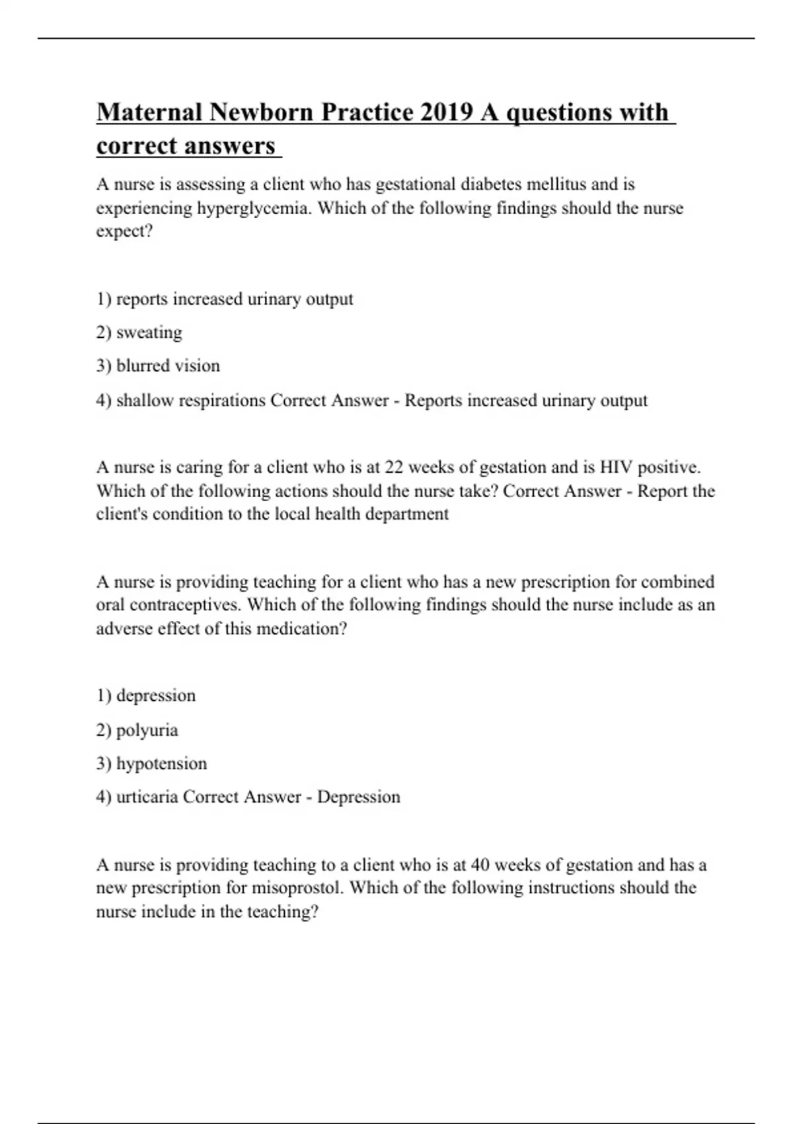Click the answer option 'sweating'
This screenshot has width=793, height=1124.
(x=149, y=332)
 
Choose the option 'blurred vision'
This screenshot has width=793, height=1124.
(x=168, y=366)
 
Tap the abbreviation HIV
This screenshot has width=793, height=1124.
(x=616, y=467)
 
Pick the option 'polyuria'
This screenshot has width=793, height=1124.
(x=147, y=730)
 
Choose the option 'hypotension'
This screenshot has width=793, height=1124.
(x=161, y=764)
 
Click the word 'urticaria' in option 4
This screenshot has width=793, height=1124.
(x=147, y=797)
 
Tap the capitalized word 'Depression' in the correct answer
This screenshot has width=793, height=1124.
(x=358, y=797)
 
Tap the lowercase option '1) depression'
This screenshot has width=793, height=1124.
(x=146, y=696)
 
